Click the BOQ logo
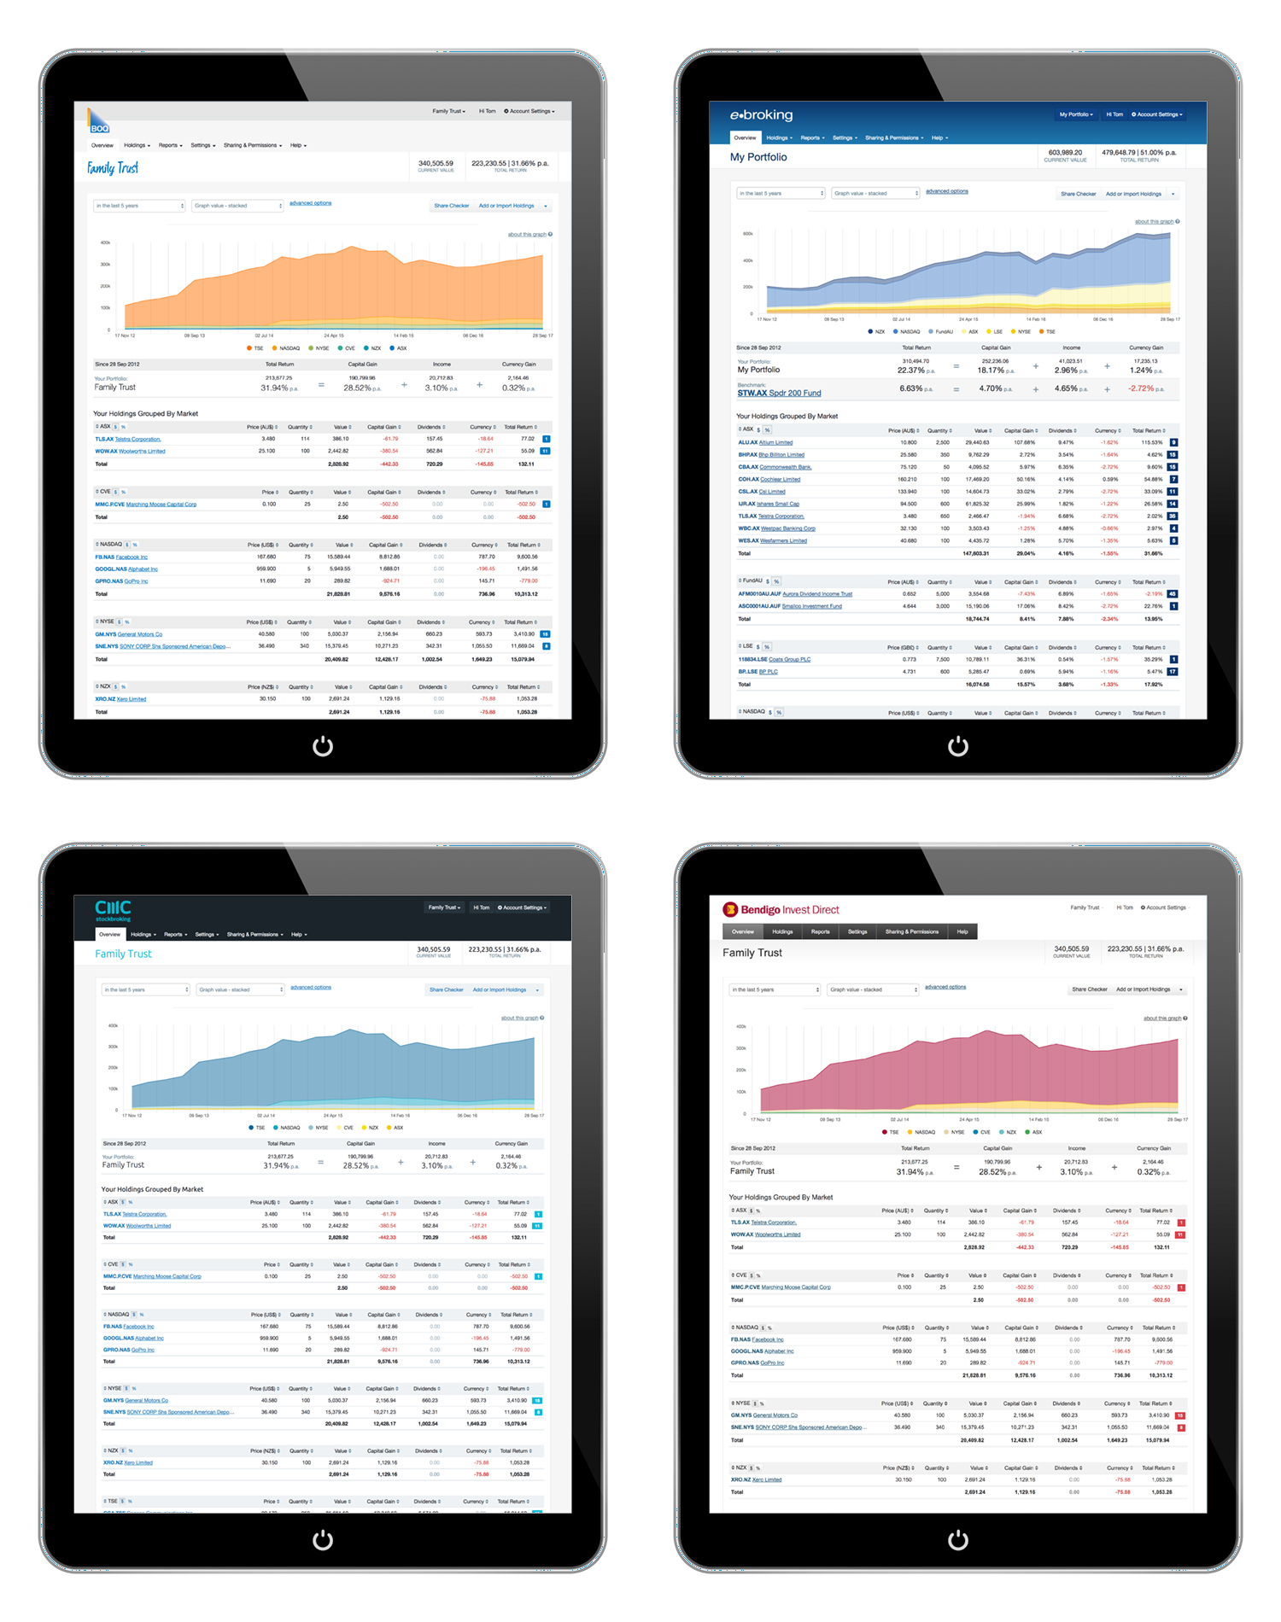pyautogui.click(x=99, y=123)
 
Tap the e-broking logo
pyautogui.click(x=761, y=115)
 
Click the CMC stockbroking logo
pyautogui.click(x=113, y=910)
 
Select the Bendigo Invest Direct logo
pyautogui.click(x=781, y=910)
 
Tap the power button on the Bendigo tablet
pyautogui.click(x=958, y=1540)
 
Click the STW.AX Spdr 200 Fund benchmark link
pyautogui.click(x=779, y=394)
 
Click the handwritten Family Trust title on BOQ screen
pyautogui.click(x=113, y=168)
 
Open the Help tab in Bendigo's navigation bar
pyautogui.click(x=962, y=931)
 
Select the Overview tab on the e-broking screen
pyautogui.click(x=745, y=137)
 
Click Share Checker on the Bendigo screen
pyautogui.click(x=1090, y=989)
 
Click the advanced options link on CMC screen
pyautogui.click(x=311, y=988)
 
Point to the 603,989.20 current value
pyautogui.click(x=1065, y=153)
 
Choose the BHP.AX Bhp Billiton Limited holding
pyautogui.click(x=771, y=455)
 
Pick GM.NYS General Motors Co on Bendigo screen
pyautogui.click(x=763, y=1415)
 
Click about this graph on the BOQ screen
pyautogui.click(x=527, y=235)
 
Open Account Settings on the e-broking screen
pyautogui.click(x=1157, y=114)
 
